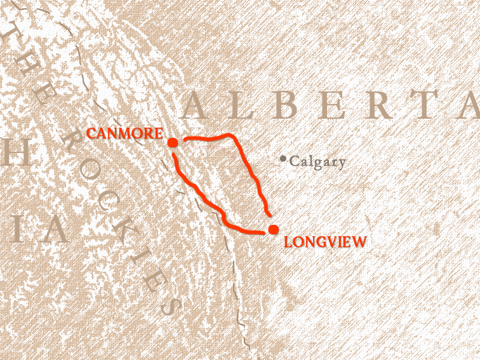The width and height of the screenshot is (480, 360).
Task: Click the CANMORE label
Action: (x=124, y=134)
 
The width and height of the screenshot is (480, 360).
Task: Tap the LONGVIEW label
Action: (x=326, y=241)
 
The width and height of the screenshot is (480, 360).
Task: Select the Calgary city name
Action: (x=317, y=162)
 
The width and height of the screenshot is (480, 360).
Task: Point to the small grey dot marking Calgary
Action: (x=283, y=158)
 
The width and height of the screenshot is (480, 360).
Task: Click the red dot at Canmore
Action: (x=173, y=142)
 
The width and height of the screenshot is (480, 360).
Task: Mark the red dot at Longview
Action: (x=273, y=229)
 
